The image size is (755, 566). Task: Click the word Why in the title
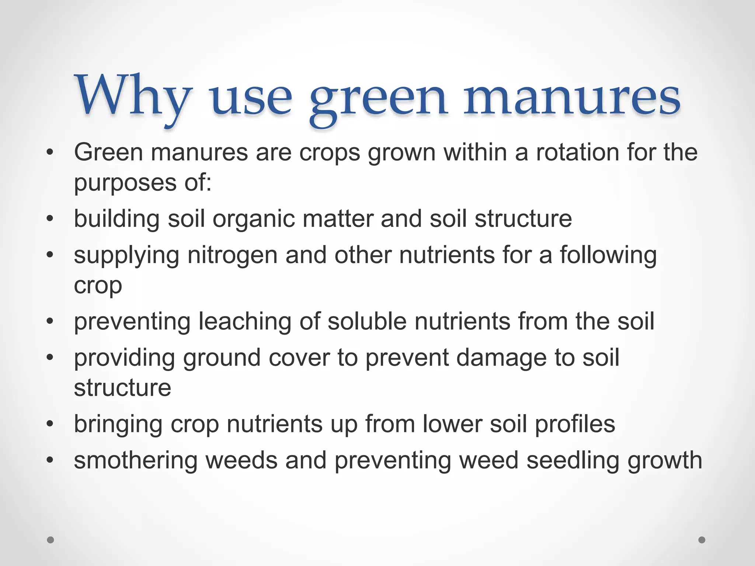tap(133, 97)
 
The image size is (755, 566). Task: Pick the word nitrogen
tap(232, 255)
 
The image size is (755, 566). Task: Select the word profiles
tap(575, 424)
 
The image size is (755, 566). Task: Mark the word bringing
tap(118, 425)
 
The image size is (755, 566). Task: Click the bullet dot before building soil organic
tap(50, 219)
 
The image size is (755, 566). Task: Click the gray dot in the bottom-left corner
tap(51, 540)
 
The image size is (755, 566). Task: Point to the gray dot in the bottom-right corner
tap(702, 540)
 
